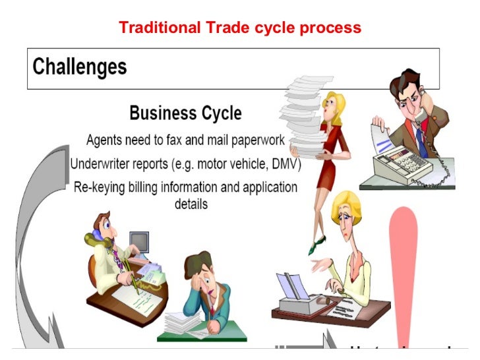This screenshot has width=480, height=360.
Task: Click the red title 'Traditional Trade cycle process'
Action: coord(240,28)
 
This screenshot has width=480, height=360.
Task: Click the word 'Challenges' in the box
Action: coord(80,67)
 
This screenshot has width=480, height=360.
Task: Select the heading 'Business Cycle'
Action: coord(185,113)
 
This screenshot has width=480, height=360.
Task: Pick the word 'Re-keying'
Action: coord(99,187)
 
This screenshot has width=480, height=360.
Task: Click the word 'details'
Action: coord(191,204)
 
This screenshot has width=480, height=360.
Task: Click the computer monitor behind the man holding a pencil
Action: coord(139,243)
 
